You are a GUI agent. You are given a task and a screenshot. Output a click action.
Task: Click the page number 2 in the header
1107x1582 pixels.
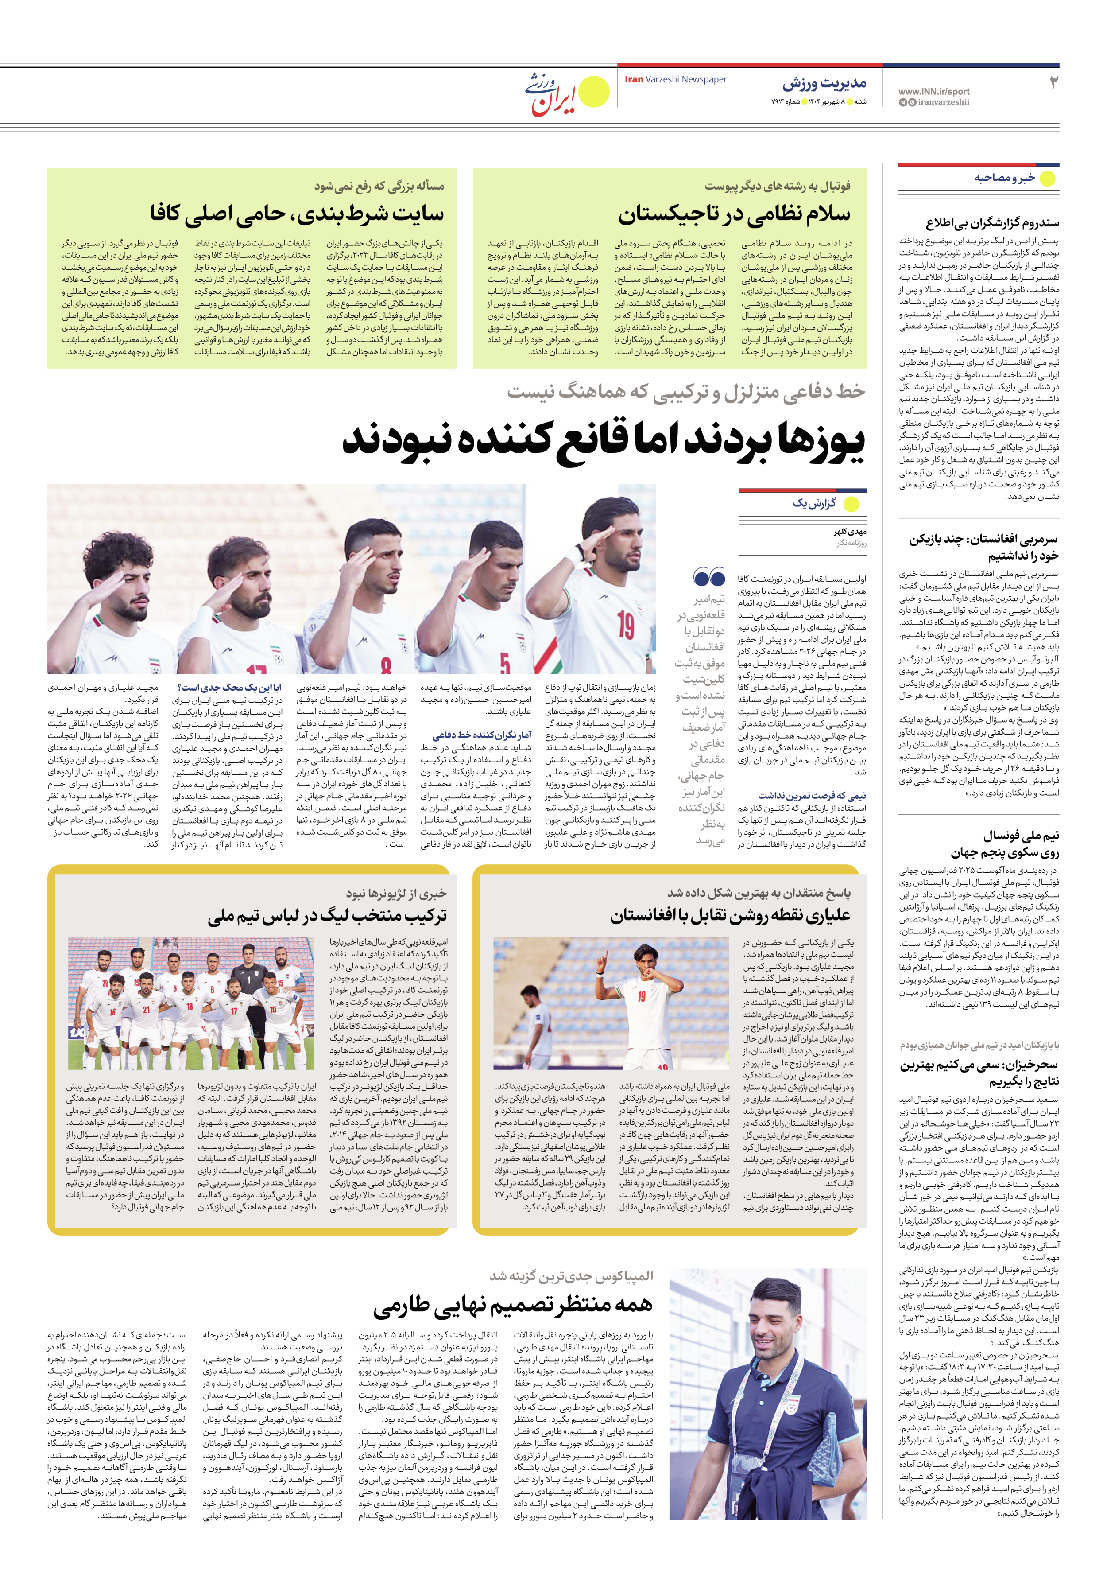pos(1053,83)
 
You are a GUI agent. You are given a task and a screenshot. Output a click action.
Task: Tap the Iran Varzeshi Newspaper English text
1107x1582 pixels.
pos(675,79)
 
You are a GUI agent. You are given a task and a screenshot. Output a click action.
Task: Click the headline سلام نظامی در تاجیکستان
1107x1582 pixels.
pos(734,214)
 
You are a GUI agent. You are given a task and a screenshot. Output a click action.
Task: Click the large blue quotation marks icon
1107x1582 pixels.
pos(709,577)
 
